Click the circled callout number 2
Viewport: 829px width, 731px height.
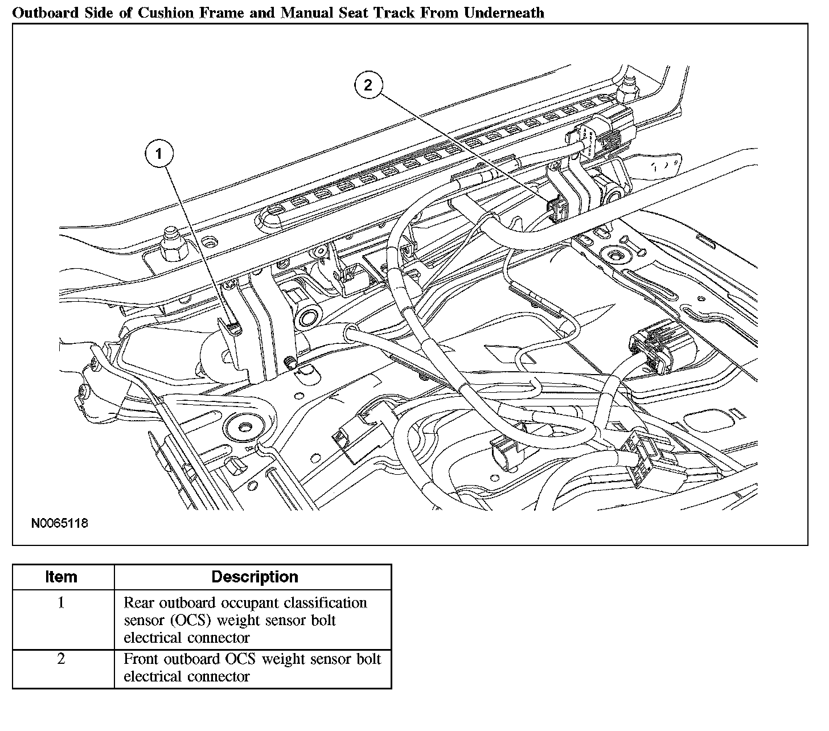pyautogui.click(x=368, y=85)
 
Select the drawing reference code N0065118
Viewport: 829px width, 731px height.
pyautogui.click(x=60, y=523)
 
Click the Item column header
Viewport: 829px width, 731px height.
pyautogui.click(x=61, y=577)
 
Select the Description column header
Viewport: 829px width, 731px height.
pyautogui.click(x=255, y=577)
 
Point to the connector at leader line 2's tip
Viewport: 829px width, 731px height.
pyautogui.click(x=556, y=209)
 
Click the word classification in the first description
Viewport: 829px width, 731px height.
pyautogui.click(x=325, y=602)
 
